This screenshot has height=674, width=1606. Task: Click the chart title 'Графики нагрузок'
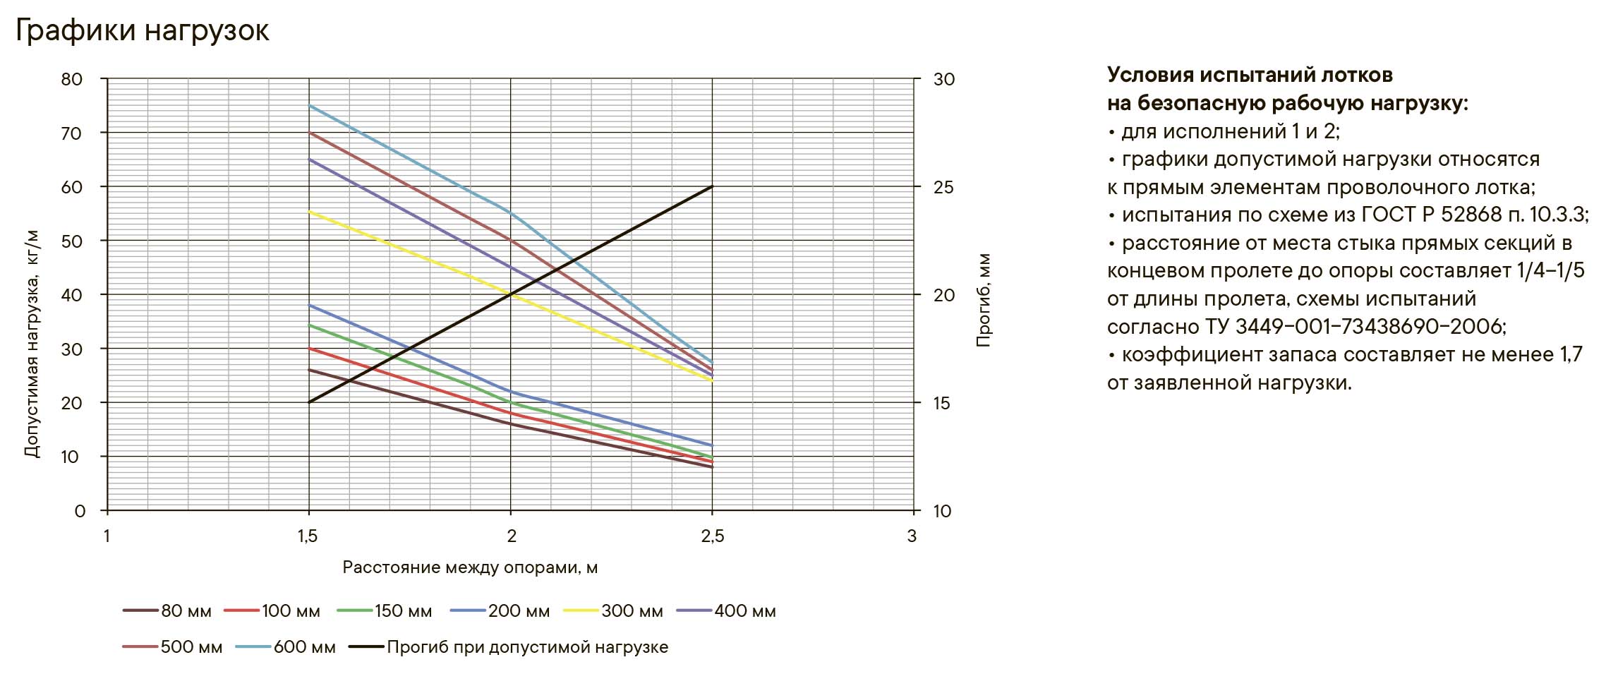point(142,31)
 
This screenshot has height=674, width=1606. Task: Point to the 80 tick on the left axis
point(72,79)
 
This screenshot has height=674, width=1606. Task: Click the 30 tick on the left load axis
point(72,349)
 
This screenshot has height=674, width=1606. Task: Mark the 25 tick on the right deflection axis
point(943,188)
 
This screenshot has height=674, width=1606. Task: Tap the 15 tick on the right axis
point(942,404)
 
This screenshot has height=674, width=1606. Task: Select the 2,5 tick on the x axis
point(713,536)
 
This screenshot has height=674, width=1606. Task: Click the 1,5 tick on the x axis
point(308,536)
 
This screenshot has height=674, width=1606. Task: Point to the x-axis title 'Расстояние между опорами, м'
point(470,567)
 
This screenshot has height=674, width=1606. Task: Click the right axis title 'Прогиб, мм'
point(984,300)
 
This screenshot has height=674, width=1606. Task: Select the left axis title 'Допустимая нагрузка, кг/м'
point(32,344)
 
